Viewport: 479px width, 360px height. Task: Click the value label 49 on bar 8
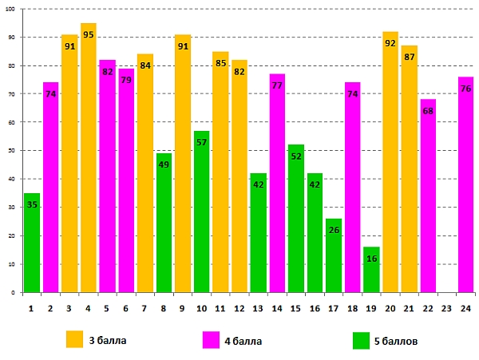coord(164,165)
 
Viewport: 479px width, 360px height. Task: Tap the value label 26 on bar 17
coord(334,231)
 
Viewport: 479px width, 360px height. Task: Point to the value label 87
coord(410,57)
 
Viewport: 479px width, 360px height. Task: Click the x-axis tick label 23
coord(447,308)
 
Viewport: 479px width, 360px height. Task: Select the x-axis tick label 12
coord(239,308)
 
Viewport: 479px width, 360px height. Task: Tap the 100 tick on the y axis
coord(13,9)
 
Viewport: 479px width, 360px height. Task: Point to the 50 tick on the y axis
coord(14,151)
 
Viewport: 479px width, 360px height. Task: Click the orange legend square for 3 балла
coord(75,339)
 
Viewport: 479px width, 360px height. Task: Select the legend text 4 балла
coord(243,340)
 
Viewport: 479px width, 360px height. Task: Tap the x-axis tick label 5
coord(107,308)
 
